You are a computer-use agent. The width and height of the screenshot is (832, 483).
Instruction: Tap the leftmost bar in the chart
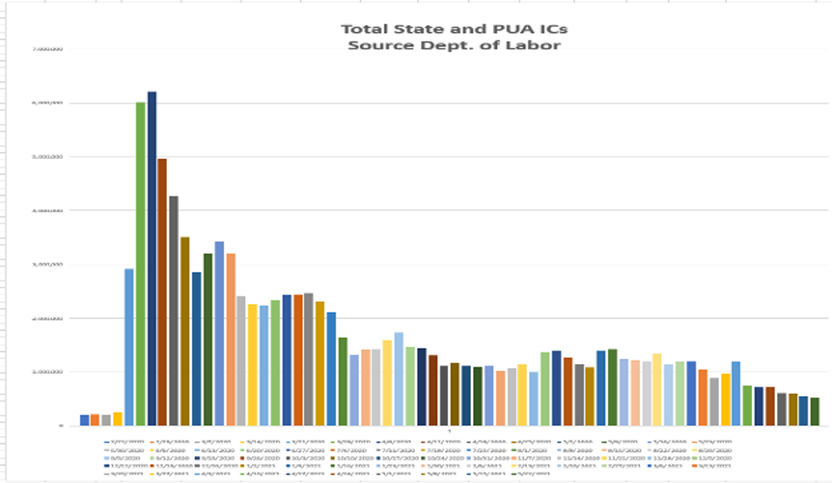coord(84,420)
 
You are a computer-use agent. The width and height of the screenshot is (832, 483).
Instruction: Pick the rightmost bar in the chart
coord(815,411)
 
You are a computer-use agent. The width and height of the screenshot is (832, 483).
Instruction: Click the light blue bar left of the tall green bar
coord(129,347)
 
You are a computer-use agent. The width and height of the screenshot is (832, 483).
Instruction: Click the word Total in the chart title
coord(365,29)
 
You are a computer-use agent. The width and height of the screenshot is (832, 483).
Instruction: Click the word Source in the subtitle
coord(374,44)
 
